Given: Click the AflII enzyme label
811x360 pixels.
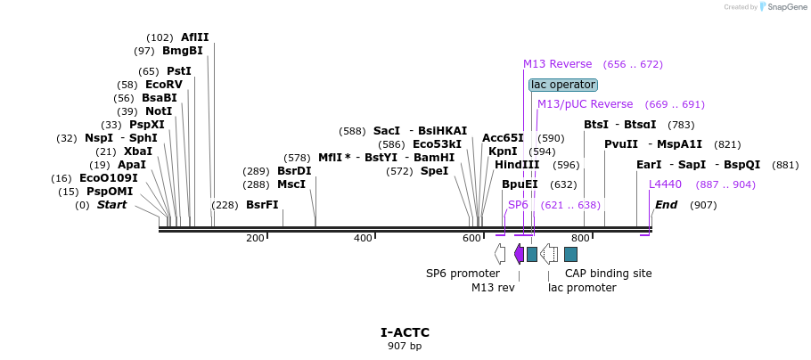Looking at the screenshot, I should [194, 37].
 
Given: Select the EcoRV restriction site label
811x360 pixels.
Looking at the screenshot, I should [163, 85].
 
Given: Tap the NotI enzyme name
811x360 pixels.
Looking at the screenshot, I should [159, 111].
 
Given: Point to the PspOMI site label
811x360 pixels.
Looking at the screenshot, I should [110, 192].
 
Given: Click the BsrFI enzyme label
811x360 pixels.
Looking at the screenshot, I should [262, 205].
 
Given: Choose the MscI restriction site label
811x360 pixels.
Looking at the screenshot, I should [291, 184].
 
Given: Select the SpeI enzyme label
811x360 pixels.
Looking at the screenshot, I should [434, 171].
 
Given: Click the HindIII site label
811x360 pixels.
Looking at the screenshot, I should [517, 165].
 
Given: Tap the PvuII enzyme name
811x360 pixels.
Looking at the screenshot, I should [621, 144].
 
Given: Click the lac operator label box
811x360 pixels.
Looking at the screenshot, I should [562, 85].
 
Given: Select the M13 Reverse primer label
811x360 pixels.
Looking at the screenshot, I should [557, 64].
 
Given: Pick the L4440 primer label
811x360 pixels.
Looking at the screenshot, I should [665, 184].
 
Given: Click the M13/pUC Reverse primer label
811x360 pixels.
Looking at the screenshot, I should [585, 104].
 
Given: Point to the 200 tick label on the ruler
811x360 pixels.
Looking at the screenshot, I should [255, 238].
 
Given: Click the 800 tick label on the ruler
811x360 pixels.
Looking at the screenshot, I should [580, 238].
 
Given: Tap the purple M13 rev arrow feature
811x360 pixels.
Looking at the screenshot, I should [519, 254].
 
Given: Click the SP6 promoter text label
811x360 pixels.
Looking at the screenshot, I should [463, 274].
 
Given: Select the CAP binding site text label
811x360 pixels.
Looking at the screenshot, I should [608, 274].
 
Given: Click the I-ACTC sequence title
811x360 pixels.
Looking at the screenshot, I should [405, 333].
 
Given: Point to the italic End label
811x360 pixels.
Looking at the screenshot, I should [666, 205].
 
